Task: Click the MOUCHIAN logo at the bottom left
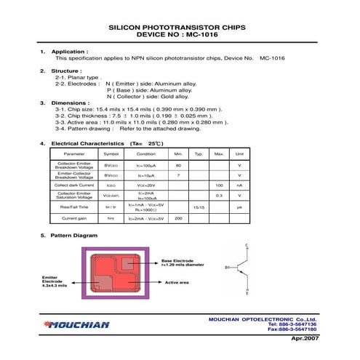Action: [x=75, y=325]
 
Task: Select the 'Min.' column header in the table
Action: [x=178, y=154]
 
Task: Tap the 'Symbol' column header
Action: [x=111, y=154]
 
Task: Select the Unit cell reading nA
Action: [x=239, y=185]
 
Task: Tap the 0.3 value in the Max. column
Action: [x=218, y=196]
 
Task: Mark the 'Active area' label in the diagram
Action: [x=177, y=281]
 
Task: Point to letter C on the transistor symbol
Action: [x=249, y=245]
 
